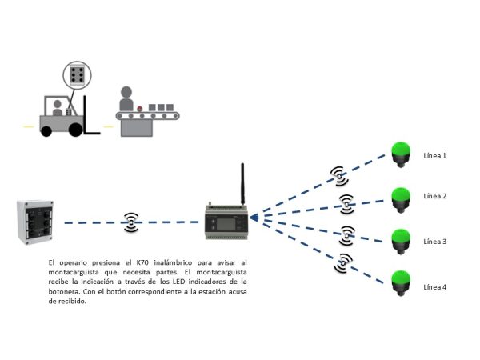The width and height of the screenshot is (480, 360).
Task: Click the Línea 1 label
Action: click(434, 155)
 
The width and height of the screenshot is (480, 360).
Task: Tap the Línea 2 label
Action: click(434, 196)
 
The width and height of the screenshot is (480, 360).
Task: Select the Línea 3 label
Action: click(434, 241)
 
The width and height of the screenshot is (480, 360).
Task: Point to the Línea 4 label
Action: click(434, 286)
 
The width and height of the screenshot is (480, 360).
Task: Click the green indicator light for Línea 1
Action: click(400, 152)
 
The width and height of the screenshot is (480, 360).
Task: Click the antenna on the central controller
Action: click(241, 184)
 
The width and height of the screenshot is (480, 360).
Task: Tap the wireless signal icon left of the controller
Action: click(131, 222)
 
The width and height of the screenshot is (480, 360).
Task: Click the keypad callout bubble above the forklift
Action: click(78, 77)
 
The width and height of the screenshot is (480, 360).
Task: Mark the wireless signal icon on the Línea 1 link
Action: click(339, 173)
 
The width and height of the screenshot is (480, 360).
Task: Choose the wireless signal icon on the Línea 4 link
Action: click(343, 261)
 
